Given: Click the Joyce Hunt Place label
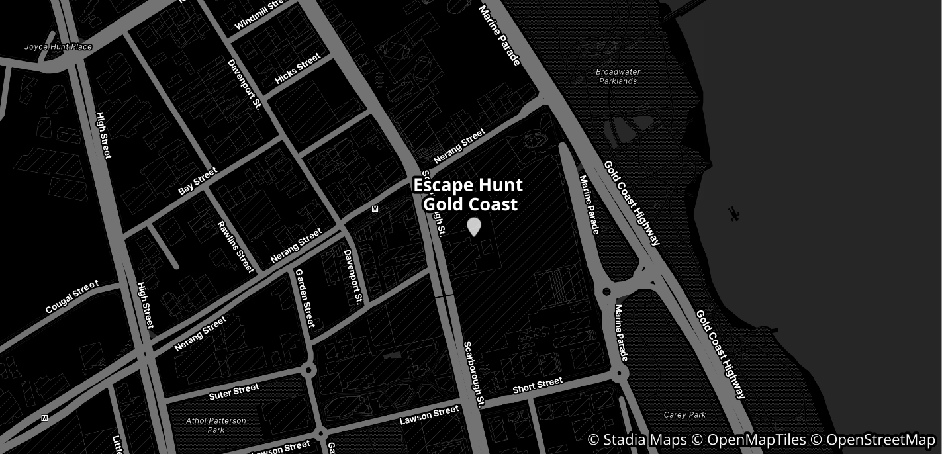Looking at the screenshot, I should pyautogui.click(x=58, y=47).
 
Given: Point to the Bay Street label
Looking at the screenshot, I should pyautogui.click(x=197, y=181).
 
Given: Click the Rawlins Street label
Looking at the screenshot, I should pyautogui.click(x=236, y=247).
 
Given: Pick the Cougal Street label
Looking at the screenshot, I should pyautogui.click(x=72, y=297).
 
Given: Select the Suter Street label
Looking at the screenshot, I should pyautogui.click(x=234, y=392).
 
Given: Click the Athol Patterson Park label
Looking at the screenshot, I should pyautogui.click(x=216, y=425).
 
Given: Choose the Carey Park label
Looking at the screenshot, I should pyautogui.click(x=684, y=415).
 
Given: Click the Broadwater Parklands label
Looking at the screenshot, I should pyautogui.click(x=618, y=76).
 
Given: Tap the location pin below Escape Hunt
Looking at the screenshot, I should pyautogui.click(x=473, y=227).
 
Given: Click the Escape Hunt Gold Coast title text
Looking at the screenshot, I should pyautogui.click(x=468, y=195).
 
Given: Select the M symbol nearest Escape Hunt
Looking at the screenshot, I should pyautogui.click(x=375, y=209).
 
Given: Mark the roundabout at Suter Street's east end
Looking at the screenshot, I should pyautogui.click(x=307, y=370).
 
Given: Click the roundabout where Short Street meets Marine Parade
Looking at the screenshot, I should pyautogui.click(x=621, y=373).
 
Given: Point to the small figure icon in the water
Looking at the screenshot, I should pyautogui.click(x=733, y=214).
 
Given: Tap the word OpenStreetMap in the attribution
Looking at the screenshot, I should pyautogui.click(x=880, y=440).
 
